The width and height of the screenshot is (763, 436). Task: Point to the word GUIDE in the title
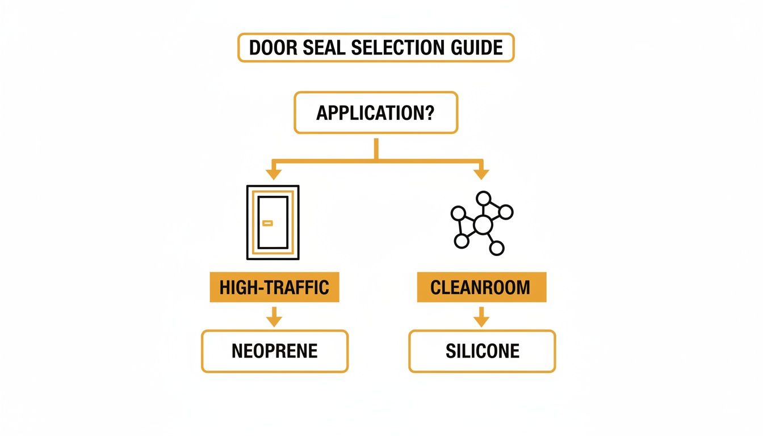point(476,48)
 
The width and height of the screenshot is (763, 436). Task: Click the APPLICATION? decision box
point(375,112)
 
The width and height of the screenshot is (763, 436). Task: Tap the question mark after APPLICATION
point(430,112)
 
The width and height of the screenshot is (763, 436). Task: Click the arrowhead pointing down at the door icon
point(274,174)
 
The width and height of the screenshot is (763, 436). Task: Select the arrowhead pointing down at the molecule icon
point(481,174)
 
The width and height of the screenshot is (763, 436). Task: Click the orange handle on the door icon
point(267,223)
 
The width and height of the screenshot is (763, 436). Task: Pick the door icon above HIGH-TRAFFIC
point(272,223)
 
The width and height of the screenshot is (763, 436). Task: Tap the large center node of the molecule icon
point(482,225)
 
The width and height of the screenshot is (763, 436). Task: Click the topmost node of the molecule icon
point(483,199)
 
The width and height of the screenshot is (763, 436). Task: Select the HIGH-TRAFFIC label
point(274,287)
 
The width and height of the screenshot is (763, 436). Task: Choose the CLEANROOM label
point(481,287)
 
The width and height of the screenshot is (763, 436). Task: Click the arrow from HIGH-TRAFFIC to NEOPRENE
point(274,316)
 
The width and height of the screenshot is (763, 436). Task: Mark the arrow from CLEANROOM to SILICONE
point(481,316)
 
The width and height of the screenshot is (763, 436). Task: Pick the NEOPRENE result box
point(274,351)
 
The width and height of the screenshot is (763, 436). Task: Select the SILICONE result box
point(482,351)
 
